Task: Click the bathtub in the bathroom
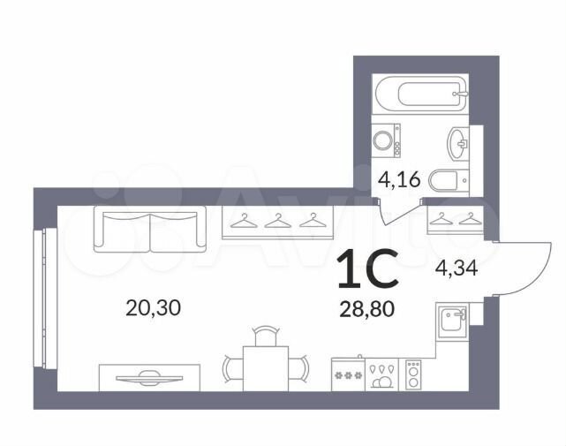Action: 421,94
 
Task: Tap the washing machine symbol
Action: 386,140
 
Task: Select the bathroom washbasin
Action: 457,144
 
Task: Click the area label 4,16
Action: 399,179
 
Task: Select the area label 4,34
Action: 457,268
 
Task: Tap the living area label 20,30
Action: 153,308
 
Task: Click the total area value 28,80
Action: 366,309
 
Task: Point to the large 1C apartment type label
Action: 368,268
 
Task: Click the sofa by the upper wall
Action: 150,229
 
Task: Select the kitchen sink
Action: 452,321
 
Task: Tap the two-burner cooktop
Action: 413,374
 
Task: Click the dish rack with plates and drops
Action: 381,374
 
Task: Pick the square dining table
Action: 265,368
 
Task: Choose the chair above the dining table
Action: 266,336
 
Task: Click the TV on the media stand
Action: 149,378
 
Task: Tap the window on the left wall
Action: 45,299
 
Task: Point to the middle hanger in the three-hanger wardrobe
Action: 277,221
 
